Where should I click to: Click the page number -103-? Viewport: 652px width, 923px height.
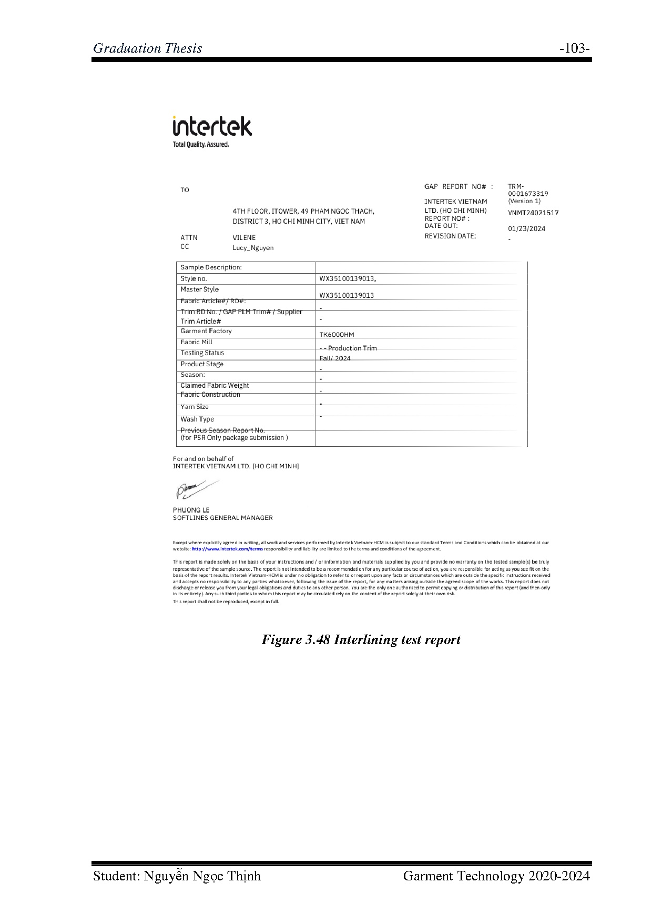click(x=574, y=48)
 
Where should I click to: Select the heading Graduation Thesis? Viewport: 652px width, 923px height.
click(x=148, y=48)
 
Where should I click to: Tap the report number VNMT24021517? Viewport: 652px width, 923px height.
click(x=533, y=213)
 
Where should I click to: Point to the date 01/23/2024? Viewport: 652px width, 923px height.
click(x=526, y=228)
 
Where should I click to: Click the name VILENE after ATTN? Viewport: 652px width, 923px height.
click(x=244, y=238)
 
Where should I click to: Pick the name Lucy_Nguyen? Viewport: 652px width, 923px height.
click(x=253, y=248)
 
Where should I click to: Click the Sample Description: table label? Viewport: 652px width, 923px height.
click(x=211, y=267)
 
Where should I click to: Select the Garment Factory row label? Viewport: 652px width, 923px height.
click(x=206, y=331)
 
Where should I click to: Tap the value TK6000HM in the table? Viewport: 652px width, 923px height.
click(x=337, y=335)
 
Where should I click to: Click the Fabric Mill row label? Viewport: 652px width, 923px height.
click(x=196, y=342)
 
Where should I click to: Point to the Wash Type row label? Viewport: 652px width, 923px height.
click(x=197, y=419)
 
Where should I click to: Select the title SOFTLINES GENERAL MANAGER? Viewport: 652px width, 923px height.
click(x=223, y=518)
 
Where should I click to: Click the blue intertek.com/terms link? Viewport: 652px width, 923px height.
click(x=228, y=549)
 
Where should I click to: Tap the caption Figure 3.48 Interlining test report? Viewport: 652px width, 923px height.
click(x=361, y=640)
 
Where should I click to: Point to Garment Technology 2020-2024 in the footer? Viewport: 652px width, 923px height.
click(x=496, y=876)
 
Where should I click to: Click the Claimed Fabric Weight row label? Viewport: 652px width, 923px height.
click(x=215, y=386)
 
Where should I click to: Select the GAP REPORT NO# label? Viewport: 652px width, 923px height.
click(x=459, y=187)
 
